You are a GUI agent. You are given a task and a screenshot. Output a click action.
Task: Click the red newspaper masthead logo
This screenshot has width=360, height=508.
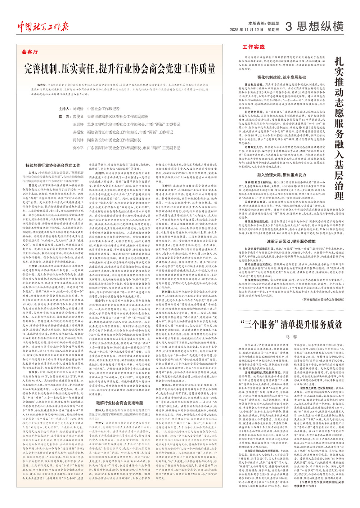point(43,26)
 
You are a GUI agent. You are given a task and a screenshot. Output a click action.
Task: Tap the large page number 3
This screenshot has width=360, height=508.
point(288,26)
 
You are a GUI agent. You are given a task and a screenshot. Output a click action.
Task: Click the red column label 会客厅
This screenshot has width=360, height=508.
point(30,52)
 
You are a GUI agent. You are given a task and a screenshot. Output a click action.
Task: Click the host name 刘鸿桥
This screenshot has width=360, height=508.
point(78,109)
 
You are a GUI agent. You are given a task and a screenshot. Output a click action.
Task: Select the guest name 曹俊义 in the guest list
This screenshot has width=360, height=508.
point(78,117)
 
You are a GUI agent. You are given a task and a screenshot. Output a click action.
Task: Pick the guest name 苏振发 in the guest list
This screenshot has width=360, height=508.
point(78,132)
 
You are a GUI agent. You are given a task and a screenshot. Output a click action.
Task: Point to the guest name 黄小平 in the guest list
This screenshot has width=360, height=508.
point(78,148)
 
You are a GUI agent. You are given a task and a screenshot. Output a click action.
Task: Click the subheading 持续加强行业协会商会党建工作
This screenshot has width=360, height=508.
point(53,165)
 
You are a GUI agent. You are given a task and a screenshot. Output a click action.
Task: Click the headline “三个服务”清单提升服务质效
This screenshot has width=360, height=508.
point(291,324)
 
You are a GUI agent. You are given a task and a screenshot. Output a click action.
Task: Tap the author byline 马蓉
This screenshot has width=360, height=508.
point(291,337)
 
